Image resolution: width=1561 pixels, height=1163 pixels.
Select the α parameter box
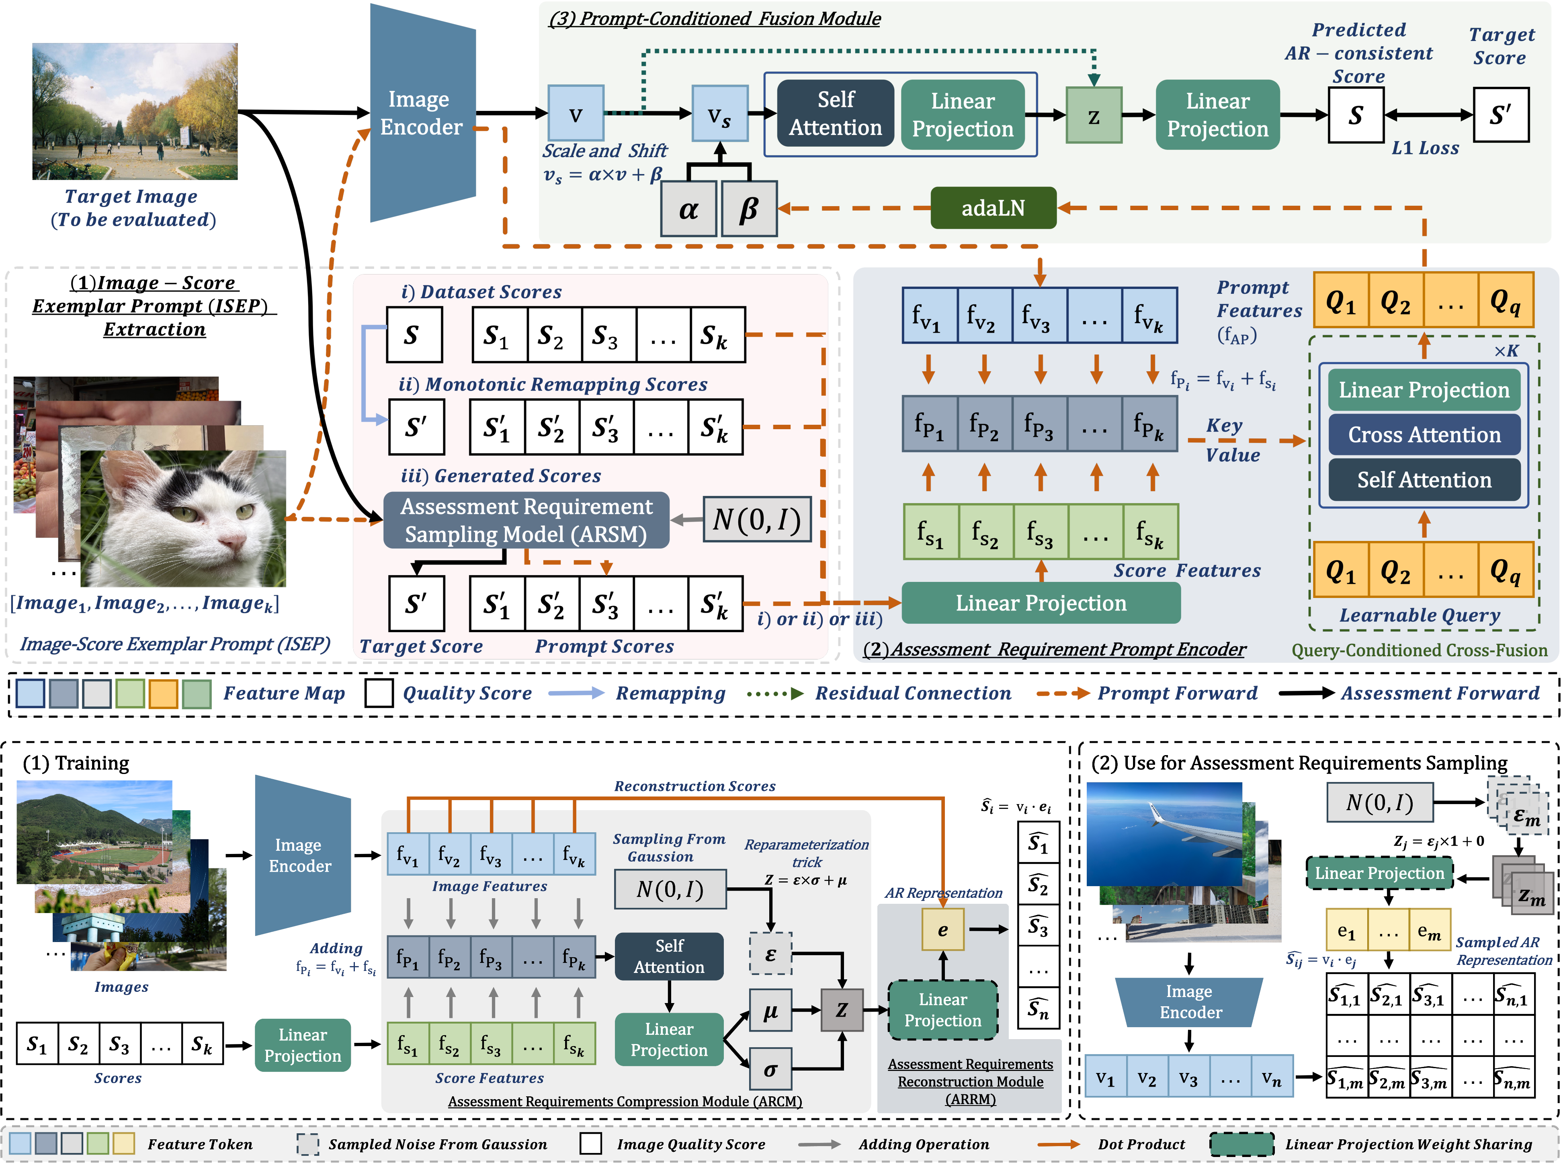click(688, 209)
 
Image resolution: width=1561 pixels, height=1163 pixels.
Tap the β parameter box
click(748, 209)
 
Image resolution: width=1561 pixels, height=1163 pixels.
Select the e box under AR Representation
click(942, 929)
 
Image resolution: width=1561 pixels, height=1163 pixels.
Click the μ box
click(770, 1010)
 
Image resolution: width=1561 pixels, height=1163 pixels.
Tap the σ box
click(770, 1069)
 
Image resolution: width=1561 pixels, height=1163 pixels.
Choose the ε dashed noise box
click(770, 954)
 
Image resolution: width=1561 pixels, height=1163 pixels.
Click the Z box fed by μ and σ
click(842, 1010)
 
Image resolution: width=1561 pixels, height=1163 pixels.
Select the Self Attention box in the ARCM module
click(669, 956)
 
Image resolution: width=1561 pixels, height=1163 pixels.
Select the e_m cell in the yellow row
click(1429, 931)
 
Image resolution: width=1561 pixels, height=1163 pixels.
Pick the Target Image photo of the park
click(135, 111)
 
